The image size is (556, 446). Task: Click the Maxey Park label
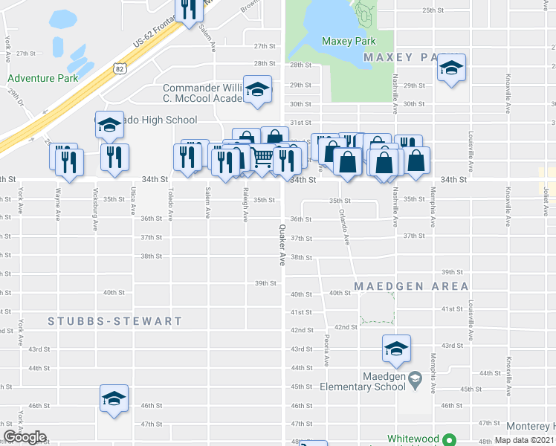[x=349, y=41]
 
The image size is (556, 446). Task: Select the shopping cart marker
[x=262, y=158]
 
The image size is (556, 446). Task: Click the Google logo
[x=25, y=438]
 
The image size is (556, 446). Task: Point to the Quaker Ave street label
[x=282, y=245]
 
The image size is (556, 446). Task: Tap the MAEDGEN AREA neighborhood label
[x=411, y=286]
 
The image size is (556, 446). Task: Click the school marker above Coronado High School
[x=110, y=125]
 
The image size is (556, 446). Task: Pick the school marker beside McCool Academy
[x=257, y=91]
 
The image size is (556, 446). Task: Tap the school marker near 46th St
[x=114, y=398]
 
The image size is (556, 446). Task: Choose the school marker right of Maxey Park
[x=450, y=68]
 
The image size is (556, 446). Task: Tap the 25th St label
[x=433, y=10]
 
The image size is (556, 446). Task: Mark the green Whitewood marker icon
[x=448, y=439]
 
